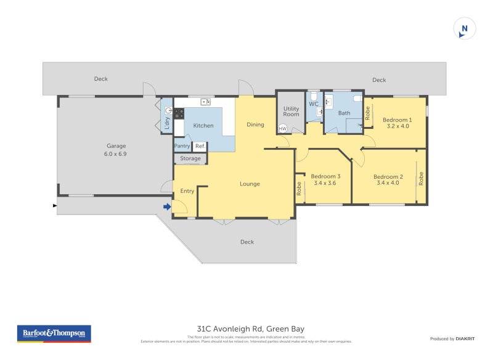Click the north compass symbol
point(465,29)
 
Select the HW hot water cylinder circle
point(283,128)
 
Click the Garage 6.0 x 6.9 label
point(116,150)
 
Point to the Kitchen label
point(203,126)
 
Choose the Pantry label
point(182,146)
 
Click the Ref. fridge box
point(200,146)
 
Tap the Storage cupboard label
point(190,158)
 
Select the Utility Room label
point(291,111)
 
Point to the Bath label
point(344,113)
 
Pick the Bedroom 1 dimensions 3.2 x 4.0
point(397,126)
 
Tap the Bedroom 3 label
point(326,176)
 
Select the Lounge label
point(250,184)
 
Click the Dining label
point(255,125)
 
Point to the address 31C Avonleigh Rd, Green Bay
point(250,329)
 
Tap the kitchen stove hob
point(179,113)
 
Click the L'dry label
point(166,123)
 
